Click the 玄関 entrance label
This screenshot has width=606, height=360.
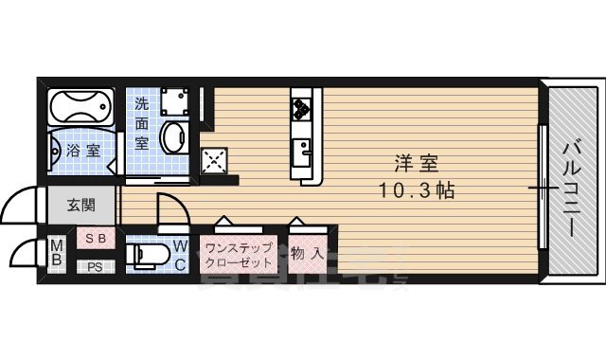[x=80, y=205]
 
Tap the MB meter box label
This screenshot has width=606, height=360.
[x=56, y=253]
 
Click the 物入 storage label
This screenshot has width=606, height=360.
[x=309, y=254]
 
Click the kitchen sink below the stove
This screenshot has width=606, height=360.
[x=303, y=150]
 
